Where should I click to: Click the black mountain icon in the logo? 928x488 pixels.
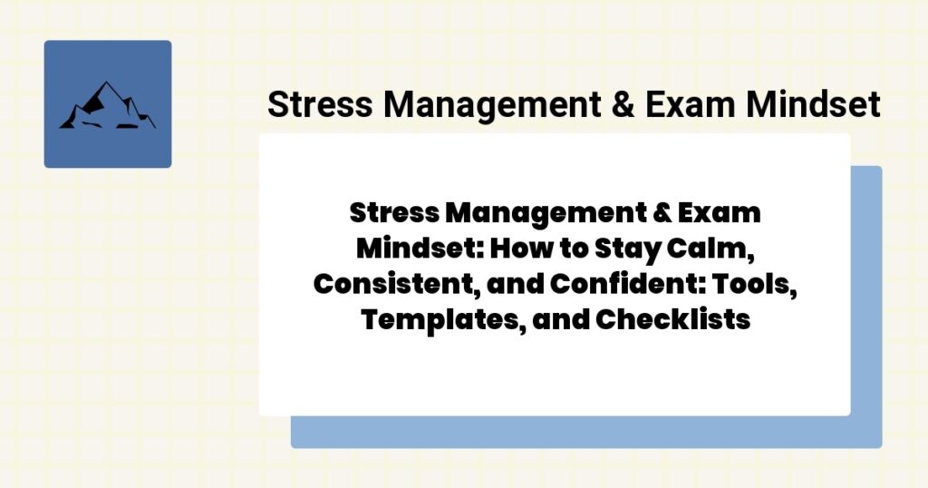(107, 105)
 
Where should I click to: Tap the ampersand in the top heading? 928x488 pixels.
(620, 105)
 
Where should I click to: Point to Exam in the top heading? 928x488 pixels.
(689, 105)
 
